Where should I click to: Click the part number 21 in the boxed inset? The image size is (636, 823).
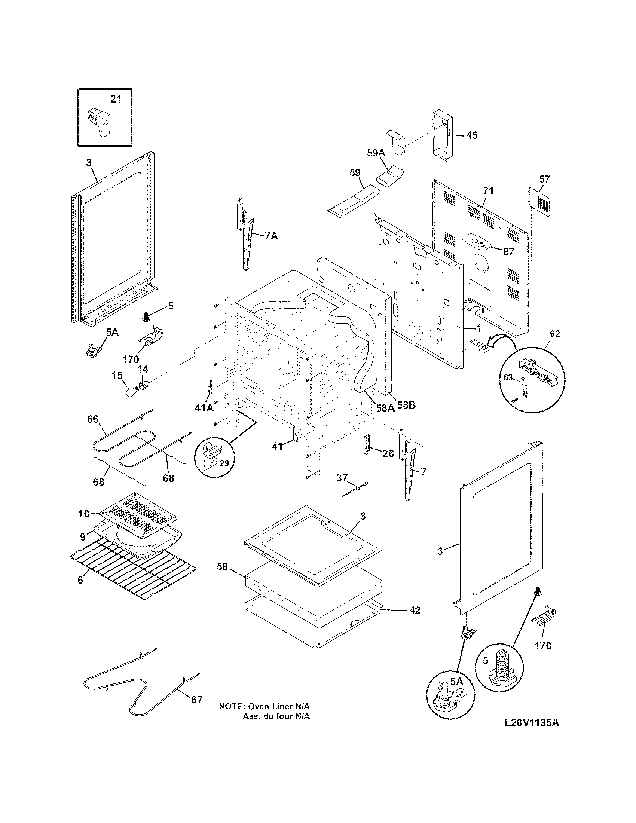(x=116, y=99)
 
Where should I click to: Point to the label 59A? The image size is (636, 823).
(x=376, y=153)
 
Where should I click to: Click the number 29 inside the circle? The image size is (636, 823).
(x=224, y=463)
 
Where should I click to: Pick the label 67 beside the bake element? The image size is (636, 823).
(x=196, y=700)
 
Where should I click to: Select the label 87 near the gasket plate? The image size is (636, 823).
(x=508, y=251)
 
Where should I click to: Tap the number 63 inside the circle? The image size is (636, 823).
(x=508, y=377)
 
